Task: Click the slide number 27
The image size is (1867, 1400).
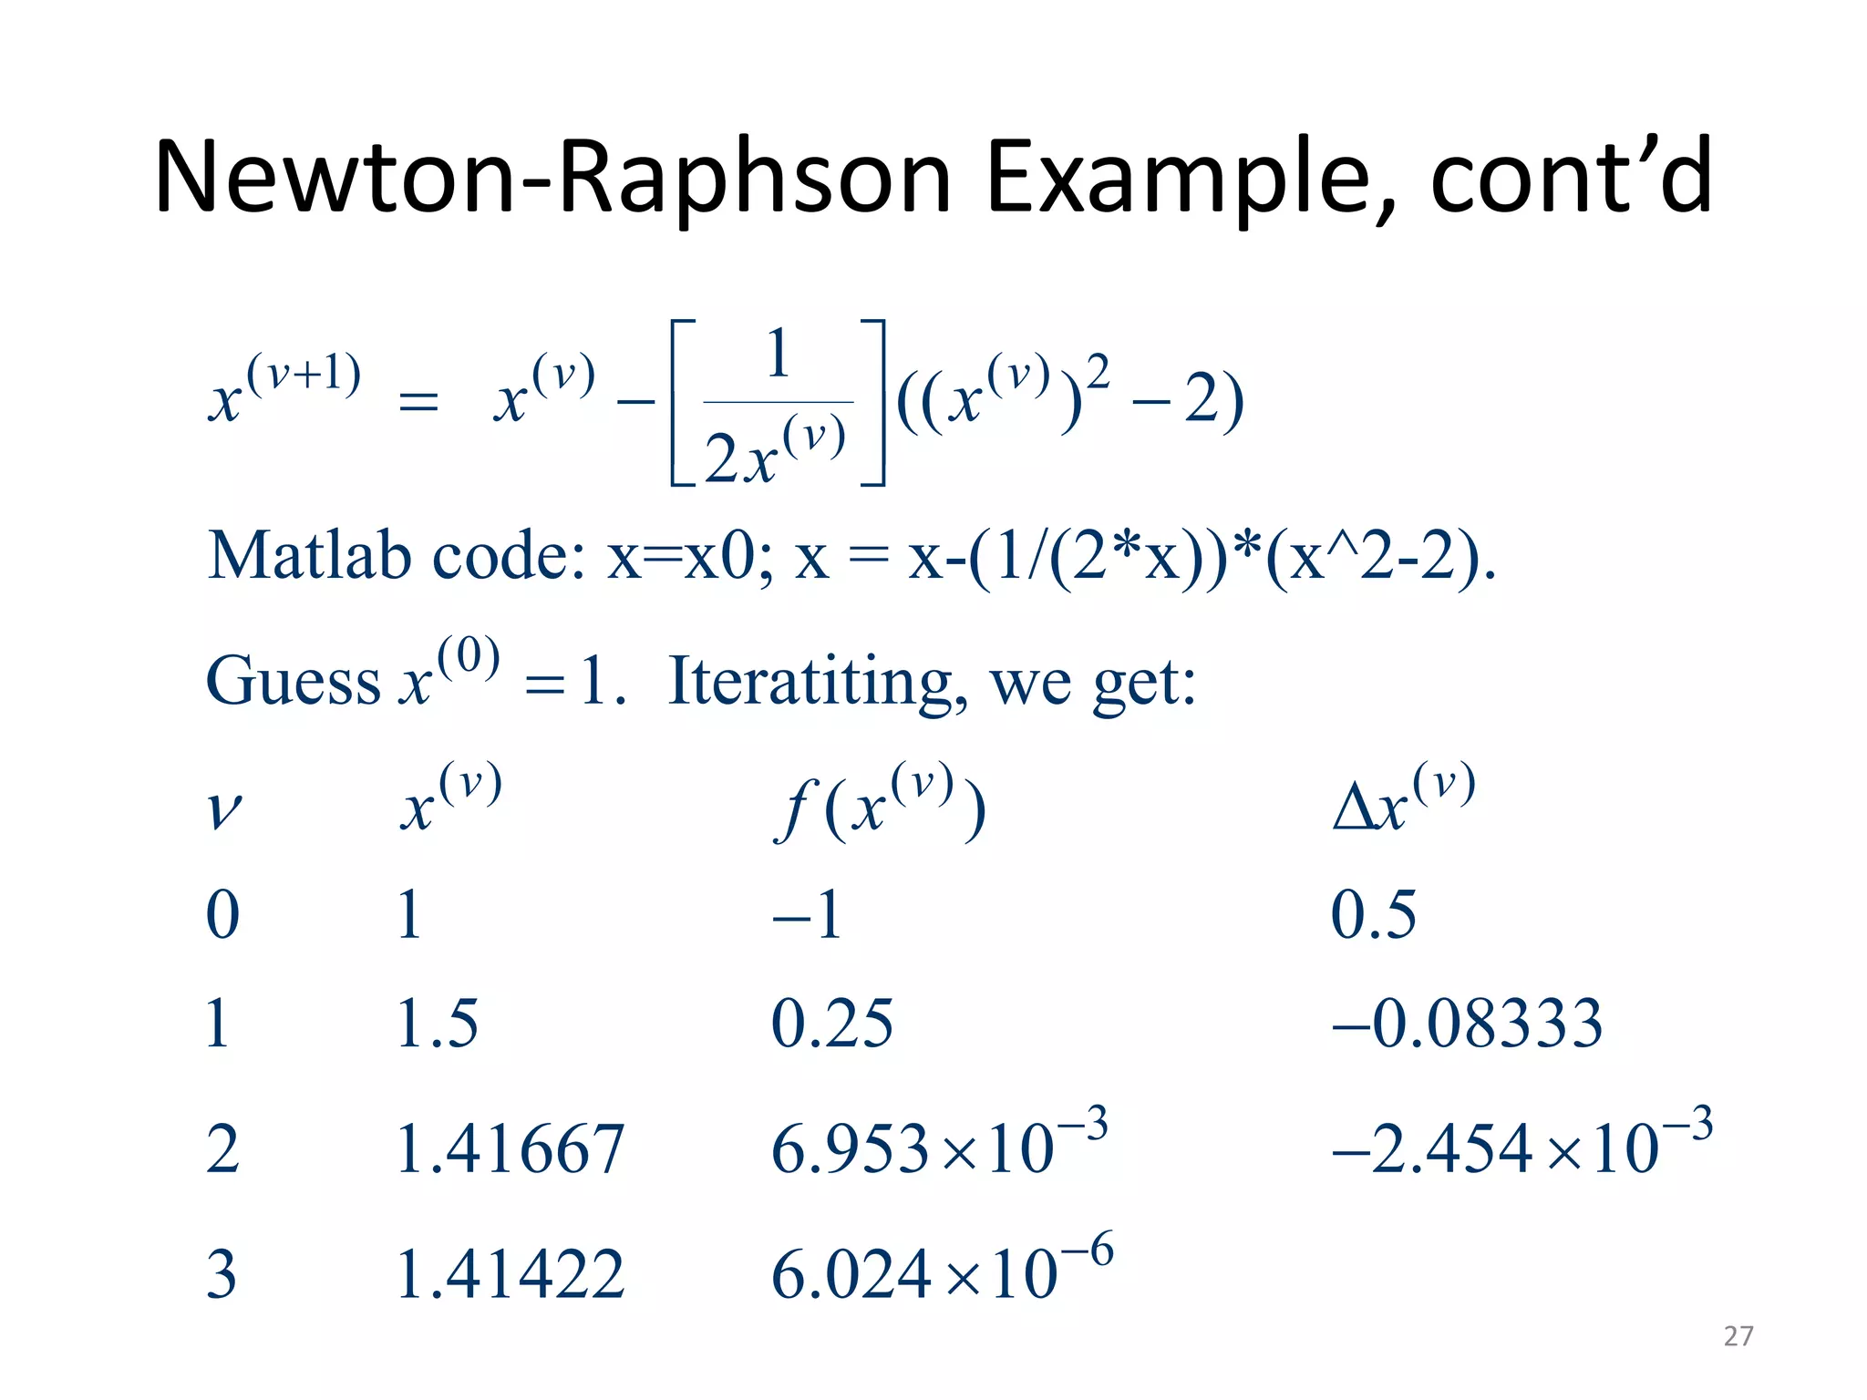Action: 1738,1336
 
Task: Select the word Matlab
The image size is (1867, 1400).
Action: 308,555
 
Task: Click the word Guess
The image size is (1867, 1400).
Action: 293,681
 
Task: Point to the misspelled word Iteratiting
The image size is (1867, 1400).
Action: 810,681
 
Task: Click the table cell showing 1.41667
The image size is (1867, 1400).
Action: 511,1148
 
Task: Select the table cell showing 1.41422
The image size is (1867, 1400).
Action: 511,1274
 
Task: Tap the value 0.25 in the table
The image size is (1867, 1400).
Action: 831,1024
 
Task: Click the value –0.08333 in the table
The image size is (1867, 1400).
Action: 1467,1024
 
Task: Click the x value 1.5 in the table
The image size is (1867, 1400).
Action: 438,1024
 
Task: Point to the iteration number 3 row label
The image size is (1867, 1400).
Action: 222,1274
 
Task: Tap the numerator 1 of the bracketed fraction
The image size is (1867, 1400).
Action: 778,355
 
